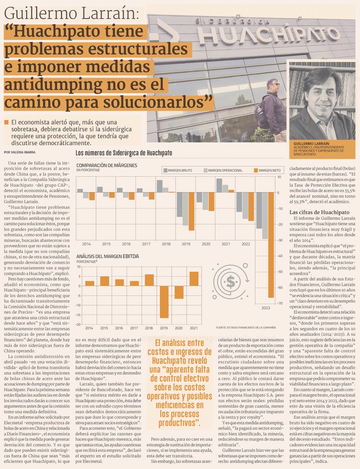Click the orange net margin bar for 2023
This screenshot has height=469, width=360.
(x=271, y=245)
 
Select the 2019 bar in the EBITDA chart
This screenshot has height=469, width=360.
(x=164, y=302)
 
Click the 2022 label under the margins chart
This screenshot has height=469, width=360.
(x=246, y=244)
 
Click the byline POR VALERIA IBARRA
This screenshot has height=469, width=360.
(x=19, y=152)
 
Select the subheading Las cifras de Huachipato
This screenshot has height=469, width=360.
(x=319, y=212)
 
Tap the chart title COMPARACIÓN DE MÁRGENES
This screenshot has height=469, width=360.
(x=107, y=165)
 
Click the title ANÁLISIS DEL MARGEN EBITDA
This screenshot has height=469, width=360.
(x=107, y=256)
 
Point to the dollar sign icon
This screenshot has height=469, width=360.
(x=231, y=282)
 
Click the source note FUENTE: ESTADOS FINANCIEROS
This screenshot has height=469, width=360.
(x=246, y=328)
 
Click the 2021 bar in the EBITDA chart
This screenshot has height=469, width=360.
(x=194, y=279)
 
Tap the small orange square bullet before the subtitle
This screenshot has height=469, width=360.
(x=6, y=122)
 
